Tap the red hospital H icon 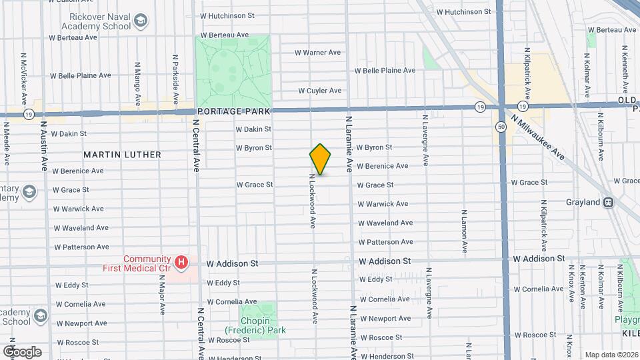pos(181,263)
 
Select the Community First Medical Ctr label pos(147,263)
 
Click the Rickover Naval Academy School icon pos(141,21)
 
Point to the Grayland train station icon pos(608,202)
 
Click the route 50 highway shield pos(500,126)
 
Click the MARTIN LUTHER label pos(122,155)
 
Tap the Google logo pos(21,351)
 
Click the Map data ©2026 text pos(611,355)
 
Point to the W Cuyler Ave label pos(320,91)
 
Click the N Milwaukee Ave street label pos(539,138)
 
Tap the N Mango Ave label pos(137,83)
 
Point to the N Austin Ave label pos(44,145)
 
